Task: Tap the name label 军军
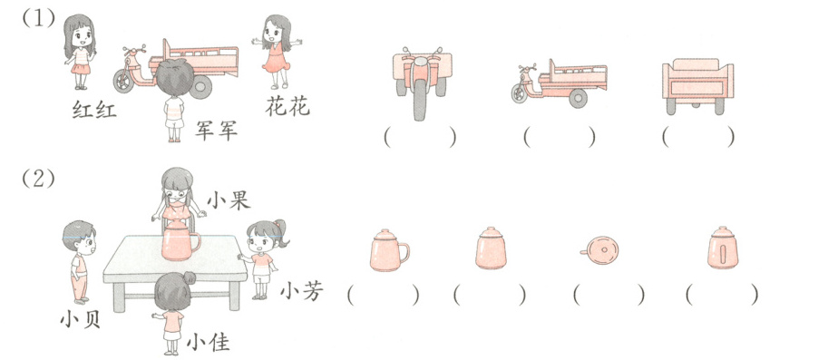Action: click(216, 131)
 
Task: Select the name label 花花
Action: click(287, 107)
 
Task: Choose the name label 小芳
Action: click(302, 292)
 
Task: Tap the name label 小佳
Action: click(209, 343)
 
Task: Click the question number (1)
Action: click(38, 19)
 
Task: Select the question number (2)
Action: click(38, 179)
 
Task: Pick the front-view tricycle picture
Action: click(423, 83)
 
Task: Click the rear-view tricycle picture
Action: click(697, 86)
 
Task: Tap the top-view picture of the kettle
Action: click(599, 250)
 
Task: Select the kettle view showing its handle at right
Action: click(389, 250)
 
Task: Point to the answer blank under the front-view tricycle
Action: click(420, 138)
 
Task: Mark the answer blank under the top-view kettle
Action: click(609, 295)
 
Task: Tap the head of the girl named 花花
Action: click(277, 32)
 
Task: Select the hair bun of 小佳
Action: click(190, 277)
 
